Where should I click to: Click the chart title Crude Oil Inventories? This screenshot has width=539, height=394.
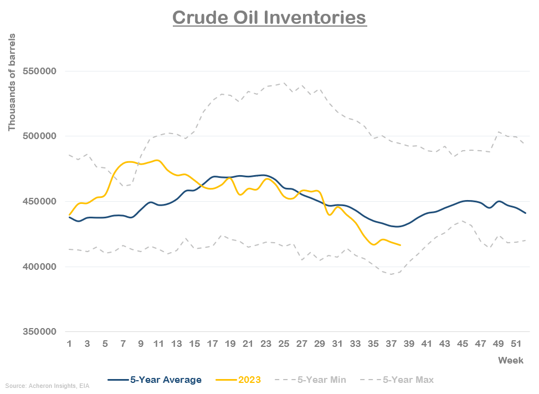269,17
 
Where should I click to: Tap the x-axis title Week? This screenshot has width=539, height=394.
510,361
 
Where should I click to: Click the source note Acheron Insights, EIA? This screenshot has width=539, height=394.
47,385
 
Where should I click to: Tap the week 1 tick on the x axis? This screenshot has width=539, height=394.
69,345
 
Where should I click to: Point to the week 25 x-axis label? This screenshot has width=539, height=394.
284,345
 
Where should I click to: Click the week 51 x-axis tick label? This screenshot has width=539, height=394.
516,345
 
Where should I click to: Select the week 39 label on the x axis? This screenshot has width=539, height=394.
408,345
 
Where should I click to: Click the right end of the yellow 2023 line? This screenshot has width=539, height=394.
400,245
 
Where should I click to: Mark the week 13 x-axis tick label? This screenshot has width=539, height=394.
176,345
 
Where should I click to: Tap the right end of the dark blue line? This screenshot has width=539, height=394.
525,213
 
